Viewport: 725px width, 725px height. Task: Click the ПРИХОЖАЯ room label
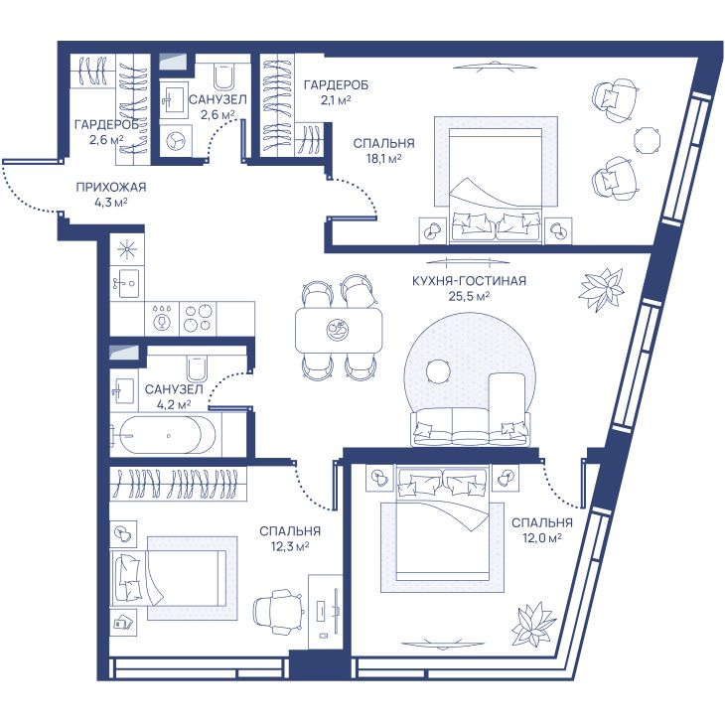[111, 188]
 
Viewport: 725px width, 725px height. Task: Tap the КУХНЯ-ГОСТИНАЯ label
[470, 281]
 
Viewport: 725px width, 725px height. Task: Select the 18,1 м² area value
[383, 159]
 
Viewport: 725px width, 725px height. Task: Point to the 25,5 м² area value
[470, 296]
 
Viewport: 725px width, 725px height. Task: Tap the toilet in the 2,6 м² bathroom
[224, 76]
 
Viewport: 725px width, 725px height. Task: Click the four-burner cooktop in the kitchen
[198, 318]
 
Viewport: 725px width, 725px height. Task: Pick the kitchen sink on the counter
[127, 282]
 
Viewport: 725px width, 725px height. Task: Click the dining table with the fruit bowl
[339, 330]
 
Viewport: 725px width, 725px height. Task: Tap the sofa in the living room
[470, 427]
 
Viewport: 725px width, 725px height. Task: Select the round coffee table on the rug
[438, 371]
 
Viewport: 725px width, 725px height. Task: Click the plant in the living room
[600, 289]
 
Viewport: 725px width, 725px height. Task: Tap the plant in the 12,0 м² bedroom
[534, 624]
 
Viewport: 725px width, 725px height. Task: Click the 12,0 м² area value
[541, 537]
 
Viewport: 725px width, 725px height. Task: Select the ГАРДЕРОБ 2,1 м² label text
[336, 92]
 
